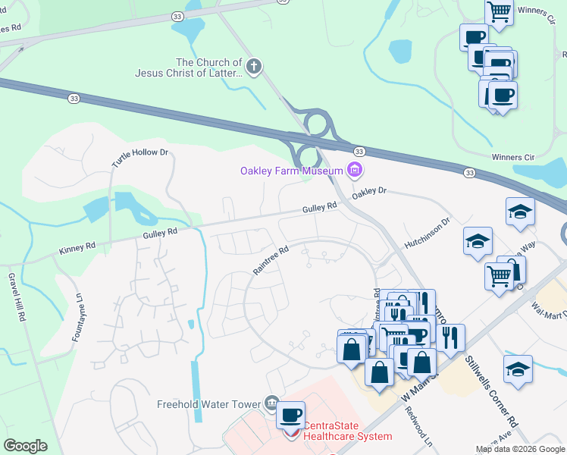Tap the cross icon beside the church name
[x=254, y=68]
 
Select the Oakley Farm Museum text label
[x=292, y=171]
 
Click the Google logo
[x=25, y=445]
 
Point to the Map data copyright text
[x=519, y=449]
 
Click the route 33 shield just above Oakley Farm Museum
[x=359, y=152]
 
